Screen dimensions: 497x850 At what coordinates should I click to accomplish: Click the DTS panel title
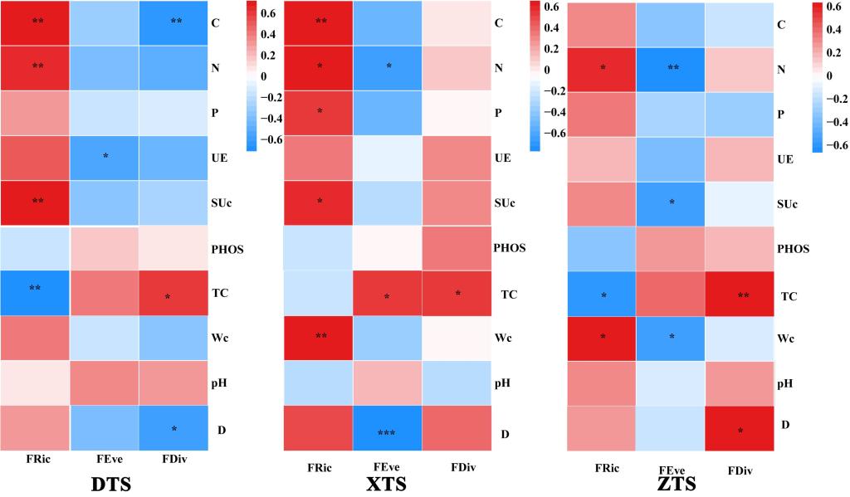pos(107,482)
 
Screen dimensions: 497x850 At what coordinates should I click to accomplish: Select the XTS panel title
pos(387,482)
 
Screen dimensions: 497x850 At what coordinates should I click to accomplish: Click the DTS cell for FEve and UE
pos(105,157)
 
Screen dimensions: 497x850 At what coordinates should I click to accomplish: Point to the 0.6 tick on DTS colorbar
pos(271,14)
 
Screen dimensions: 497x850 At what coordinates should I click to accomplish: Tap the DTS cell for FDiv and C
pos(175,22)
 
